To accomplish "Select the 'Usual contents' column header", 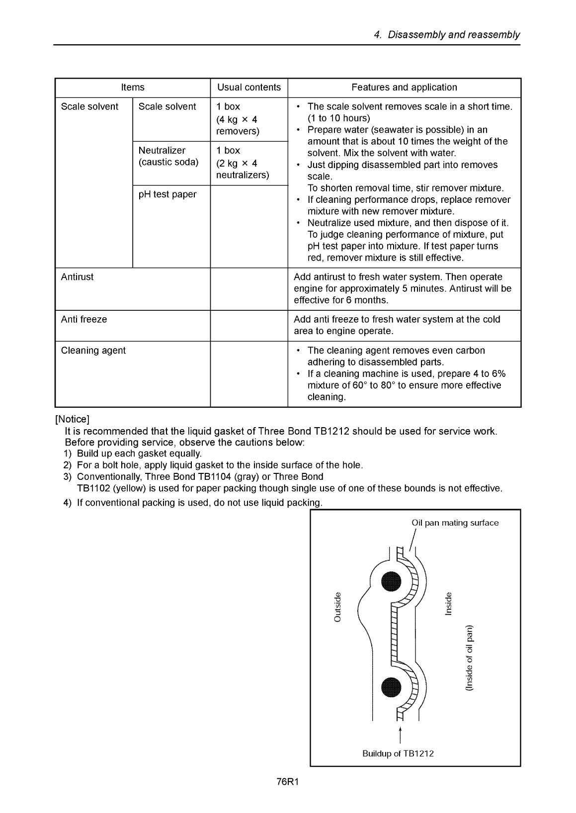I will pos(249,88).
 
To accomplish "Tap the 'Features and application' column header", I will pos(404,88).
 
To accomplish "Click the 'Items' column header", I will pos(133,88).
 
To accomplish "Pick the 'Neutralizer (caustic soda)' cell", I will pos(168,157).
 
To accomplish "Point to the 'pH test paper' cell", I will pos(167,194).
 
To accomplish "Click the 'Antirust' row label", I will pos(77,277).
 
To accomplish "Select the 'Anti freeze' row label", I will pos(83,320).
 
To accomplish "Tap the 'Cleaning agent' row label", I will pos(93,351).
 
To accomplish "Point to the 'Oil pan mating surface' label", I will pos(455,523).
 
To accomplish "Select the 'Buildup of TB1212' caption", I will pos(398,753).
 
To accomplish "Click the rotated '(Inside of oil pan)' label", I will pos(469,657).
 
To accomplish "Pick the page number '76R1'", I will pos(287,782).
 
